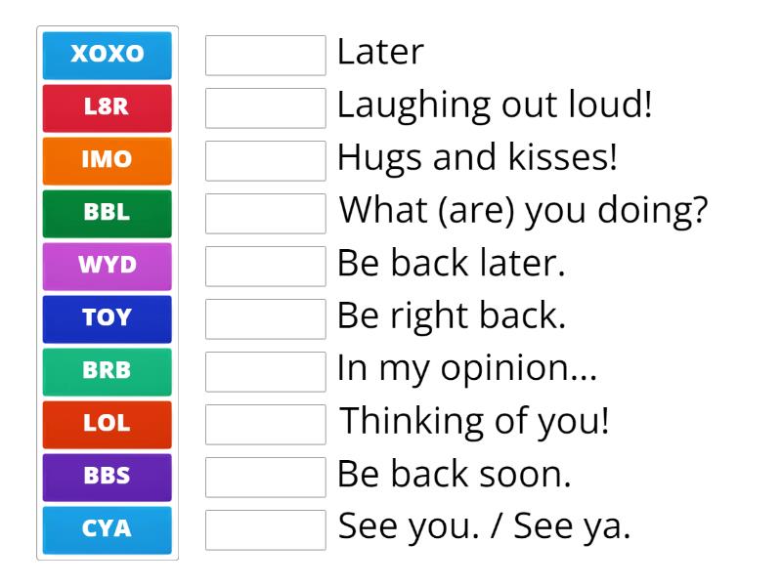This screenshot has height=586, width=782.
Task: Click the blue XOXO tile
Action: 108,55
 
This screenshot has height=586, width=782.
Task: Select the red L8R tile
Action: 108,107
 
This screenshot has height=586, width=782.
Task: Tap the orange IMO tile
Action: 108,160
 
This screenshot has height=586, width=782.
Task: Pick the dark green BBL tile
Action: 108,213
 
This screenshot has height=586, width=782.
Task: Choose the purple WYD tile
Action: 108,266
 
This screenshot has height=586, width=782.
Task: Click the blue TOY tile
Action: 108,318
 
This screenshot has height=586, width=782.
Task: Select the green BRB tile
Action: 108,371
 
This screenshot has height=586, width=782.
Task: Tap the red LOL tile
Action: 108,424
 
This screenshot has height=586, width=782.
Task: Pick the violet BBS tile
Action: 108,477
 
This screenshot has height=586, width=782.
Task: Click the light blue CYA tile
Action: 108,529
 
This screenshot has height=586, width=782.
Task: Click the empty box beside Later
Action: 265,55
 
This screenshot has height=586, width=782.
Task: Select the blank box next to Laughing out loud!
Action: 265,107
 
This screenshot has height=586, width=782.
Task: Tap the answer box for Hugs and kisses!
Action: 265,160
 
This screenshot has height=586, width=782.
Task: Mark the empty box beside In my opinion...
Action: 265,371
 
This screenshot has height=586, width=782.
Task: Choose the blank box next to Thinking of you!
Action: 265,424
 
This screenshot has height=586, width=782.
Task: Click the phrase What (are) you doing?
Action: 523,211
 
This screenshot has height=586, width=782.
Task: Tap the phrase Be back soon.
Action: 454,475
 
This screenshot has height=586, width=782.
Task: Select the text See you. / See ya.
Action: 485,527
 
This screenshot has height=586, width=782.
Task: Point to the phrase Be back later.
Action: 451,264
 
